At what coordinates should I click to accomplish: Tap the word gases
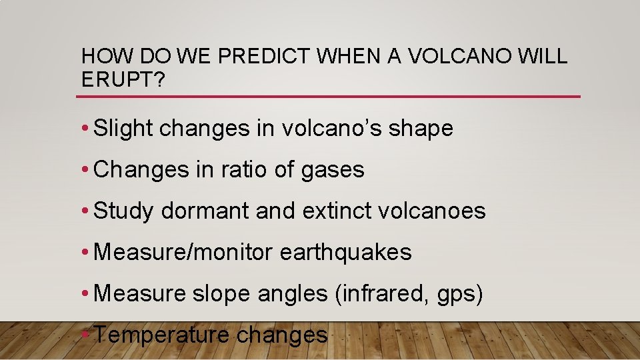(333, 171)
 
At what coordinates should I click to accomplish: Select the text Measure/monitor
(184, 252)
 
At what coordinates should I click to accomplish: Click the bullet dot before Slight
(87, 129)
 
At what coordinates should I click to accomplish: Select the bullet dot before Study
(87, 211)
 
